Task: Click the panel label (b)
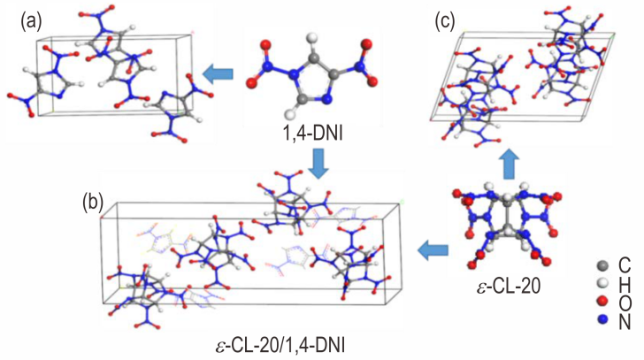coord(92,203)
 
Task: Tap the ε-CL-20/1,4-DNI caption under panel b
coord(280,346)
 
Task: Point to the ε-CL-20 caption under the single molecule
coord(509,286)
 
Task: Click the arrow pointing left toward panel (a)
coord(218,74)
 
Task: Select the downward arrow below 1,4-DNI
coord(318,163)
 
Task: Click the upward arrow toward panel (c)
coord(509,163)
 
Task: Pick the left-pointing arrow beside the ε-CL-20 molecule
coord(433,249)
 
